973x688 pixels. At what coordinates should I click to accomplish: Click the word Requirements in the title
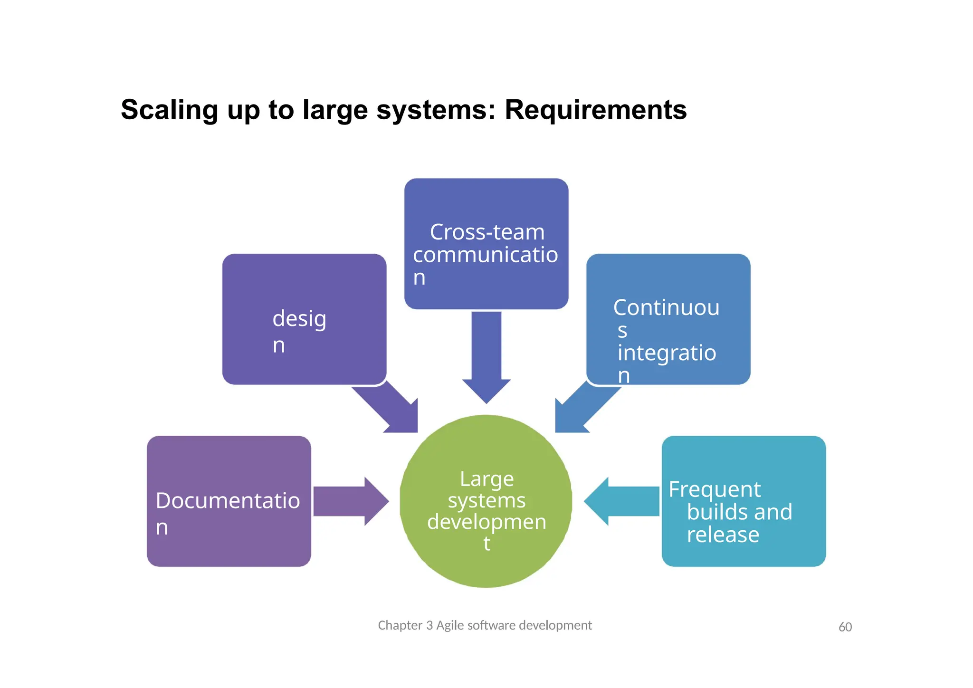point(595,110)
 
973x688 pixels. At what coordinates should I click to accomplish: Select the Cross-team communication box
point(486,244)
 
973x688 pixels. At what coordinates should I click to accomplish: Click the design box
point(304,319)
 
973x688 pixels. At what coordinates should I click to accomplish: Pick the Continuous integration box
point(668,319)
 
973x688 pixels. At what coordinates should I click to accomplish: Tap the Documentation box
point(229,501)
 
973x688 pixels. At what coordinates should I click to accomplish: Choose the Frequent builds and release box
point(744,501)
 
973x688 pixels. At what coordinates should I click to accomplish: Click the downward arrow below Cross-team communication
point(486,356)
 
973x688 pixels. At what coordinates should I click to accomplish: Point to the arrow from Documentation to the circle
point(351,501)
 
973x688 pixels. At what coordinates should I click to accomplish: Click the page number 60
point(845,627)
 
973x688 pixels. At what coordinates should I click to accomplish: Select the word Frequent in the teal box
point(715,489)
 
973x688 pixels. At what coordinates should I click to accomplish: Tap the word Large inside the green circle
point(486,479)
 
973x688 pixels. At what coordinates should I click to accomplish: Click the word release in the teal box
point(723,535)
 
